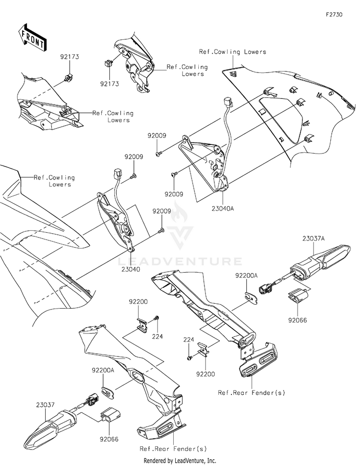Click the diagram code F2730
click(334, 14)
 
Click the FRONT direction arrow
click(32, 37)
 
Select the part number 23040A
click(223, 208)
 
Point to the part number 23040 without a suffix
click(131, 269)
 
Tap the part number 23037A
click(314, 238)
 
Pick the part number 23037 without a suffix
click(46, 405)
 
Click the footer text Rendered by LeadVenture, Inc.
click(180, 461)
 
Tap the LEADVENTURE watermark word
click(180, 261)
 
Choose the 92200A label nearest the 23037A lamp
click(246, 275)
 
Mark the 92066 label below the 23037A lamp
click(298, 320)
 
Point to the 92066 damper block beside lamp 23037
click(110, 414)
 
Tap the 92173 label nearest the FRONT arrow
click(70, 57)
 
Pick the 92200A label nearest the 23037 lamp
click(103, 370)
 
